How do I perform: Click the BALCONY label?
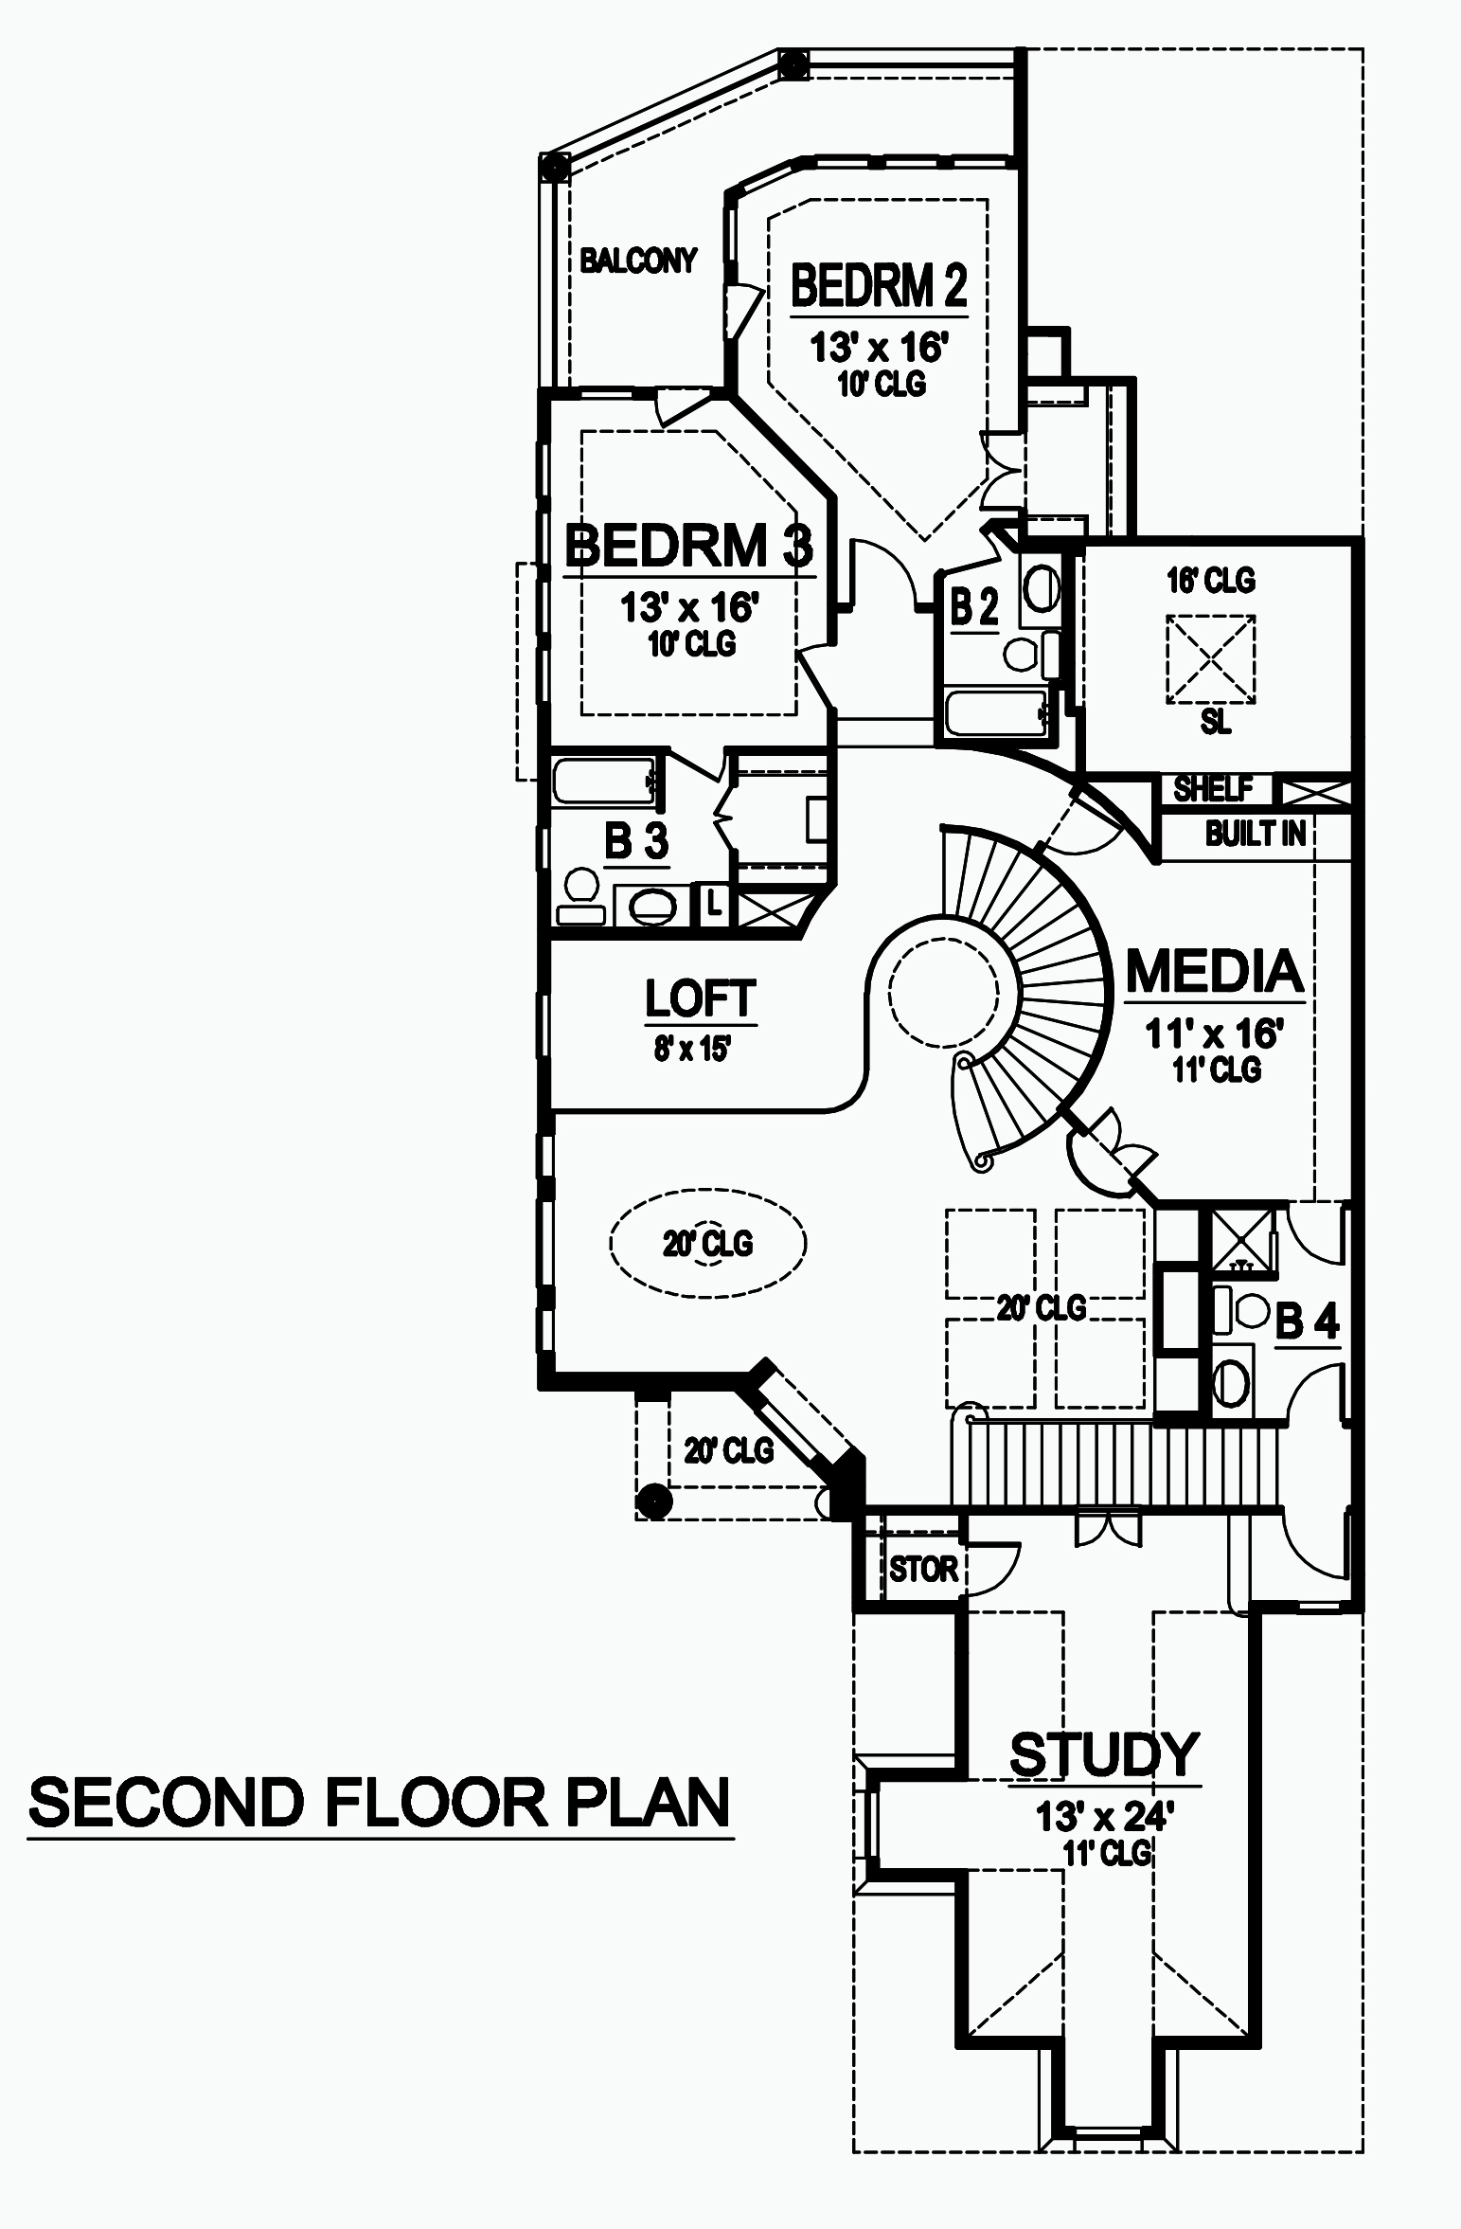tap(638, 260)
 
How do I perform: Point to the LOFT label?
tap(700, 998)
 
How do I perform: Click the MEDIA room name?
tap(1215, 972)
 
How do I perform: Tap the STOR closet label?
tap(923, 1570)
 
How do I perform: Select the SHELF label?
tap(1213, 788)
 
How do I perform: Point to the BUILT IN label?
tap(1256, 834)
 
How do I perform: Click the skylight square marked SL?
tap(1211, 659)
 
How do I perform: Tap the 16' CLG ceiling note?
tap(1211, 580)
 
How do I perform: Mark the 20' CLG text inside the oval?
tap(707, 1243)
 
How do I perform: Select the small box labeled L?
tap(714, 906)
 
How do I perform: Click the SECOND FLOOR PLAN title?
tap(379, 1803)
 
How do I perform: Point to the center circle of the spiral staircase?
tap(942, 991)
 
